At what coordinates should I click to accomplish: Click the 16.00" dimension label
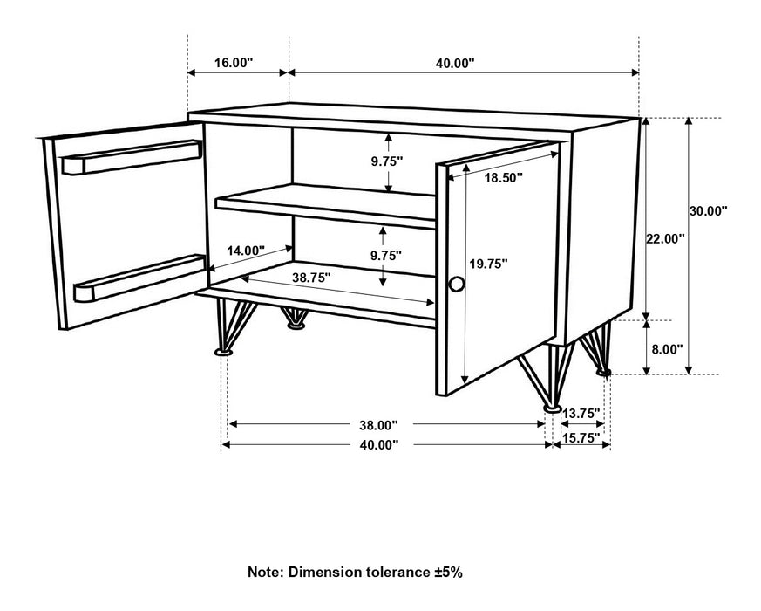[233, 63]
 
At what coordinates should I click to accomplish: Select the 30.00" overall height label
[708, 210]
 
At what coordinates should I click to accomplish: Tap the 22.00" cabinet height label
[665, 237]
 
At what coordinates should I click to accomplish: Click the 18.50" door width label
[503, 178]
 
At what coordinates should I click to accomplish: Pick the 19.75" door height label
[489, 263]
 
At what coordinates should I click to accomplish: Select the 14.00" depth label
[245, 251]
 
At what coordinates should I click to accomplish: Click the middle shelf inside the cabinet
[327, 204]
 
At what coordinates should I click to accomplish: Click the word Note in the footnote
[266, 573]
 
